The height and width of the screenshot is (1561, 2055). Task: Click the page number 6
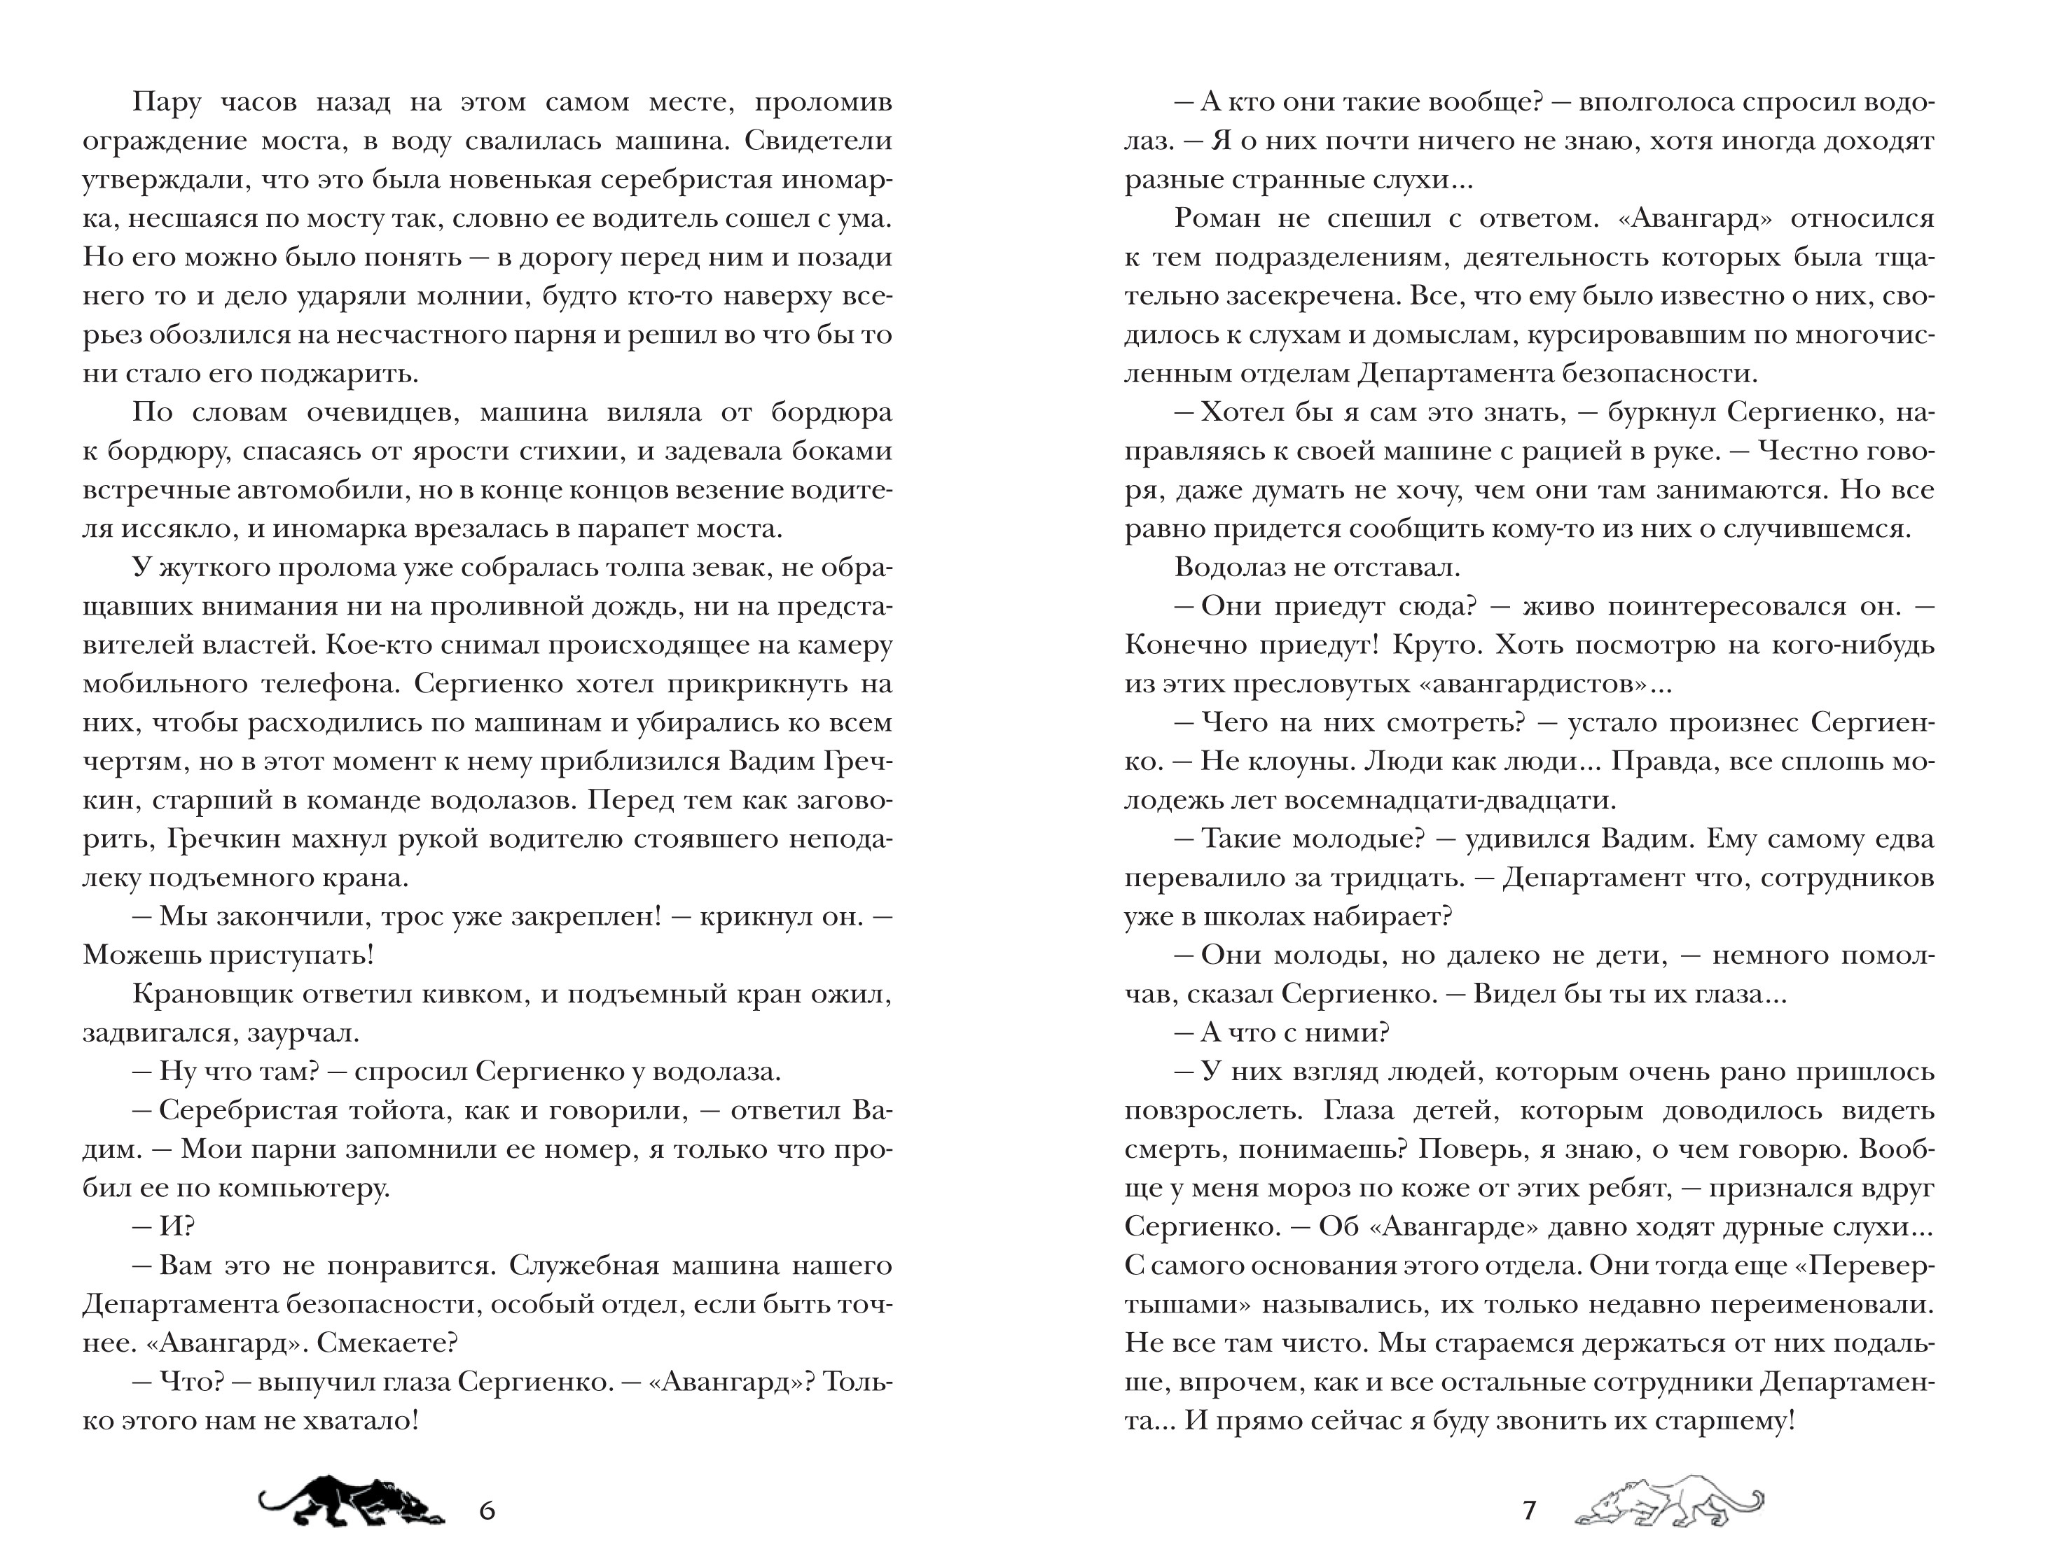coord(487,1510)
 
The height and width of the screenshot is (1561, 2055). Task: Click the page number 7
coord(1529,1510)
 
